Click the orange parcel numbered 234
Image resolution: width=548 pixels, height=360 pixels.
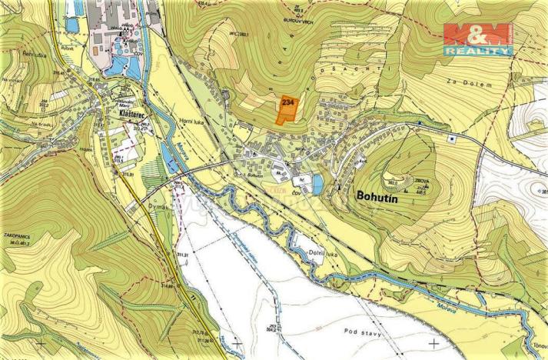point(287,108)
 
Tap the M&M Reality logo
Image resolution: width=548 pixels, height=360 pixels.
point(478,38)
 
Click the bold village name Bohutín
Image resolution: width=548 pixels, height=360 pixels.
point(381,195)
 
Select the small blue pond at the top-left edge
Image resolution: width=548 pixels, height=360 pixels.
point(72,24)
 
